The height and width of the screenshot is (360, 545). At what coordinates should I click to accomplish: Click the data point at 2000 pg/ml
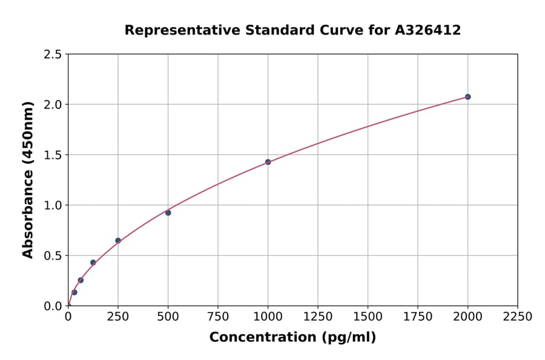point(467,97)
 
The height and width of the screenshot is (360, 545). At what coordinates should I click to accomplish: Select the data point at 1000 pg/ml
point(268,162)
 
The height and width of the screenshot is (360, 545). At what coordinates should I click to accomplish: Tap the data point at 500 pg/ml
point(168,213)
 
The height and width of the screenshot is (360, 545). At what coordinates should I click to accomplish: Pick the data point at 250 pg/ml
point(118,241)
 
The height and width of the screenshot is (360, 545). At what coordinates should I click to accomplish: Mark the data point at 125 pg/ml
point(93,262)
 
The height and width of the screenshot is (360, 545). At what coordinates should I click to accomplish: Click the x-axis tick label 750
point(218,317)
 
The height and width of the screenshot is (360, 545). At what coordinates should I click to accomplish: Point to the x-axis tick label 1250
point(318,317)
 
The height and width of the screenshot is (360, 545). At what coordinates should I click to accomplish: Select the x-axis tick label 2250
point(518,317)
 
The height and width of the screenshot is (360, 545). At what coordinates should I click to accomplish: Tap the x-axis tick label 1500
point(368,317)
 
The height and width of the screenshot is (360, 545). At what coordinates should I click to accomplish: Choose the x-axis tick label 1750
point(418,317)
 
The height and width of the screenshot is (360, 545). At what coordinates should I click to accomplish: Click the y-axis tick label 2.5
point(53,55)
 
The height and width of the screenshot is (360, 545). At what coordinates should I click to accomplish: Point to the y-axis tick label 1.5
point(53,155)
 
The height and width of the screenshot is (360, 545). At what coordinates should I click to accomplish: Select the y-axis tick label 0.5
point(53,256)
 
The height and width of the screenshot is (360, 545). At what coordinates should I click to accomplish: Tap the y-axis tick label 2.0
point(53,105)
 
